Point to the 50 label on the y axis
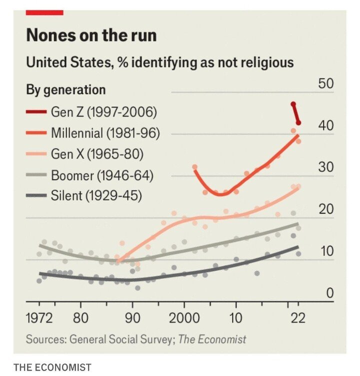click(326, 84)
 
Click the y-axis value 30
click(326, 167)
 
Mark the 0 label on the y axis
click(329, 293)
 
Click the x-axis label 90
click(132, 317)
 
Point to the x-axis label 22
click(298, 317)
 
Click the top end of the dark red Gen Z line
click(293, 104)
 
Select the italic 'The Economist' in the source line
click(212, 339)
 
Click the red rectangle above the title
click(44, 12)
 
